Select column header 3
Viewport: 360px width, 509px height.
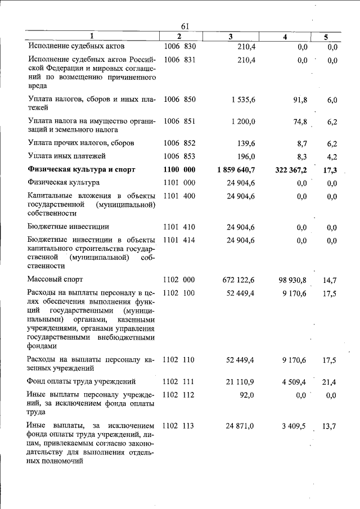[231, 37]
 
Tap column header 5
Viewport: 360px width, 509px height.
[326, 37]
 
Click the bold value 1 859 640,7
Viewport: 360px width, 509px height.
[236, 169]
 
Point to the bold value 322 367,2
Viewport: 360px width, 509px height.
[287, 169]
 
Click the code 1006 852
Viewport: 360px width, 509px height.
[179, 143]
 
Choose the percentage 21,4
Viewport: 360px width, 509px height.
[329, 382]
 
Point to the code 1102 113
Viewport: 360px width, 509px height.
[179, 426]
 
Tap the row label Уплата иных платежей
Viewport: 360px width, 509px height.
[66, 156]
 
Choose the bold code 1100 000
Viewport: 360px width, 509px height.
[179, 169]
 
